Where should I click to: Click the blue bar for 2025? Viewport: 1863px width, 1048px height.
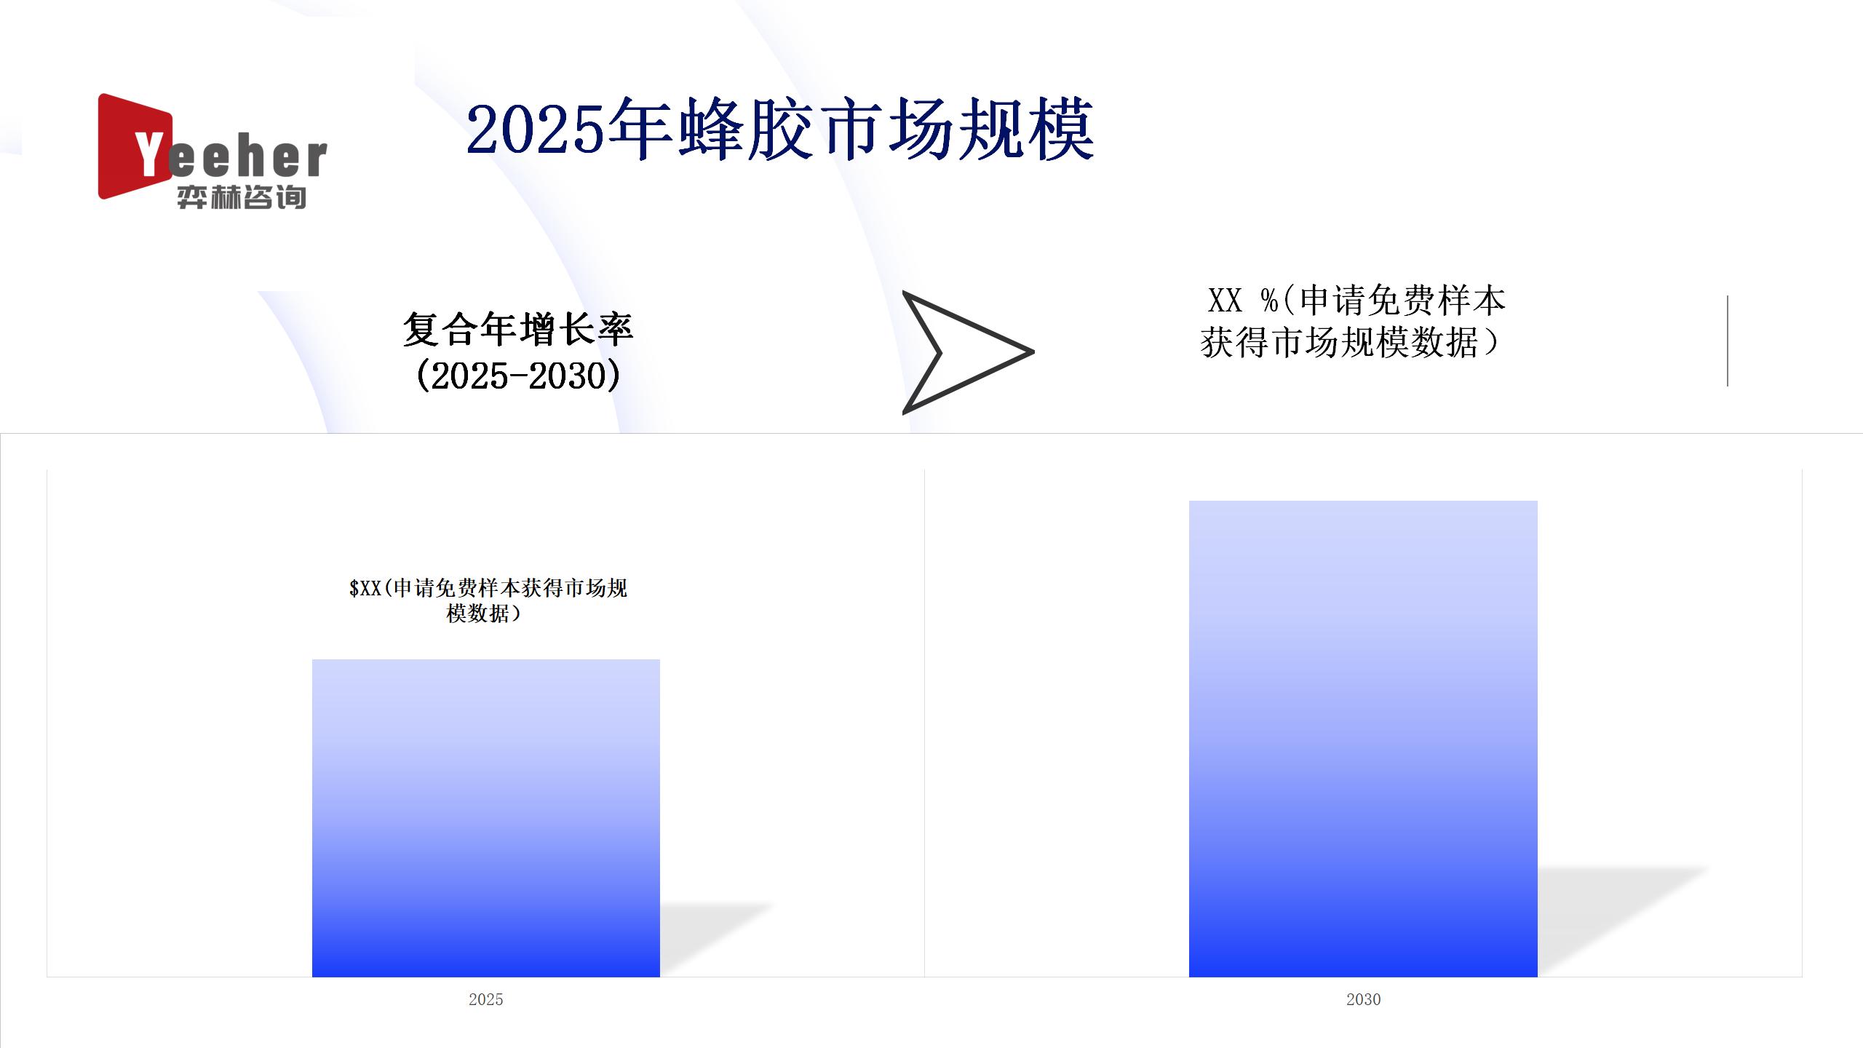[486, 818]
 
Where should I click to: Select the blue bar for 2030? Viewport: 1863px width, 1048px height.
[1363, 739]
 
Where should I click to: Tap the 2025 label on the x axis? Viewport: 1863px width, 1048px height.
[486, 999]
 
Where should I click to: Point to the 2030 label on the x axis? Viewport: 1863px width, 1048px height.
[1363, 999]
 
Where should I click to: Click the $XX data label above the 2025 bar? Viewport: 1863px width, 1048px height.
[488, 600]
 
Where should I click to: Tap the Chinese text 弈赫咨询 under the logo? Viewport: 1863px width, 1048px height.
[242, 197]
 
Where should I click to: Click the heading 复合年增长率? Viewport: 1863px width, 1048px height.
[518, 329]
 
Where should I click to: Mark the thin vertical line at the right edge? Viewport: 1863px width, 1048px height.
[1727, 341]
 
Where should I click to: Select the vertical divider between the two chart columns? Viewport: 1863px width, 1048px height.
[924, 723]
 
